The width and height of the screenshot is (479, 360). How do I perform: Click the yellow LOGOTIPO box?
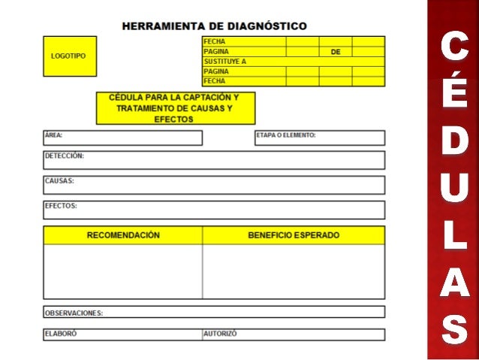[x=69, y=56]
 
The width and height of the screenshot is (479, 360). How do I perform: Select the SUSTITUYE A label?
[x=225, y=62]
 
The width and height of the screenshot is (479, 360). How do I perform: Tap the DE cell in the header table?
[x=335, y=52]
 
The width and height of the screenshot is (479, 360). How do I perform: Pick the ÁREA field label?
[x=53, y=136]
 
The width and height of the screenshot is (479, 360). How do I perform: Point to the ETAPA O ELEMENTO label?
[x=286, y=136]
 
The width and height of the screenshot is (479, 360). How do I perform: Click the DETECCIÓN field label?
[x=65, y=156]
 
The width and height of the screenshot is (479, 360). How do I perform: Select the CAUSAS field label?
[x=59, y=181]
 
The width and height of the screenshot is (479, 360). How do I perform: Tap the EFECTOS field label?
[x=61, y=205]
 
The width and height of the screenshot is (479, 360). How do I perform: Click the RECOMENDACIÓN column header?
[x=123, y=235]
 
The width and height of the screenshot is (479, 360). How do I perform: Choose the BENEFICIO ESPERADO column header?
[x=294, y=235]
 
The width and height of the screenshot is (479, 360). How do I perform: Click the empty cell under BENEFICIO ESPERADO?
[x=294, y=271]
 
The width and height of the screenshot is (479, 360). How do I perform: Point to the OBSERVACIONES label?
[x=74, y=313]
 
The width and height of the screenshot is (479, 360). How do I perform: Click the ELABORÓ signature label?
[x=61, y=333]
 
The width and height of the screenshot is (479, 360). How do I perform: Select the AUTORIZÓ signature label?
[x=220, y=333]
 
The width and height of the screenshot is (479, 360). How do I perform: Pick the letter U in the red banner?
[x=453, y=191]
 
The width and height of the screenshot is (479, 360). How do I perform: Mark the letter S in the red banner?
[x=453, y=328]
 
